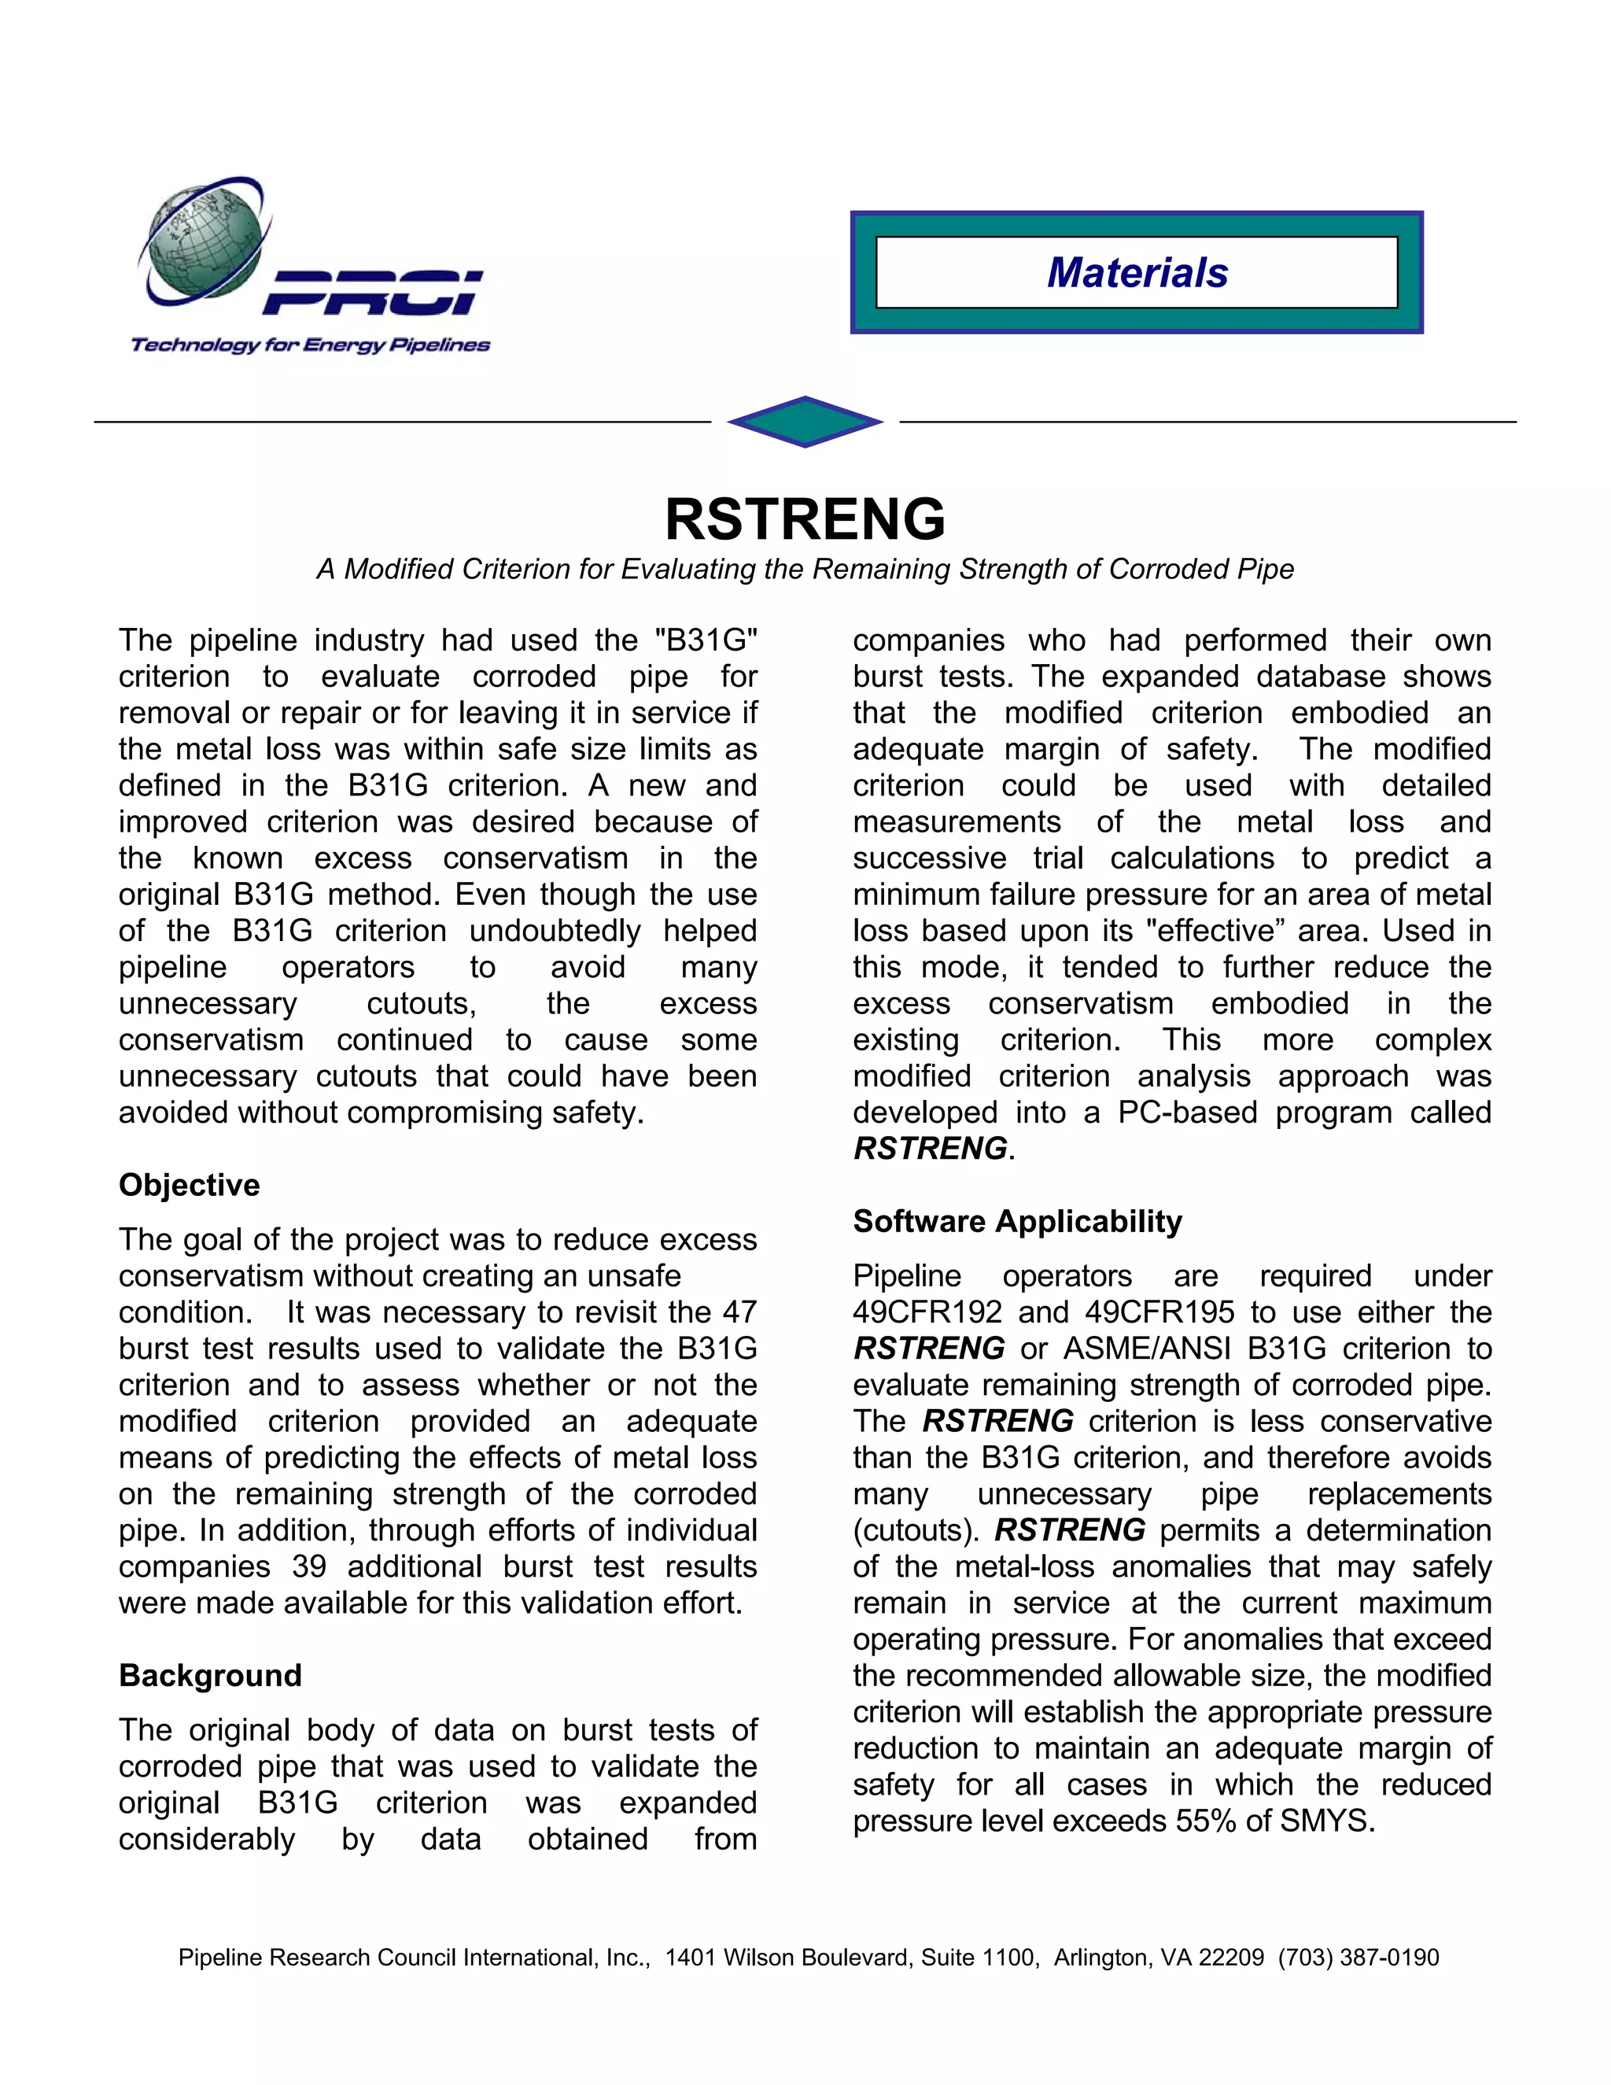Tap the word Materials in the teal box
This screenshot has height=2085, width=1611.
(1137, 273)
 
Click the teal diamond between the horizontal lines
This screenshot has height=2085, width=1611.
(805, 421)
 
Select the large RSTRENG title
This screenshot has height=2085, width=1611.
(805, 519)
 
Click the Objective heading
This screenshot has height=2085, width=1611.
(189, 1185)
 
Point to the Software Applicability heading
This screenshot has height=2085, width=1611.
(1017, 1221)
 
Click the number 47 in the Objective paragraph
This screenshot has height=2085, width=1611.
(739, 1312)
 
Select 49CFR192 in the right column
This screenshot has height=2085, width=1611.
(927, 1312)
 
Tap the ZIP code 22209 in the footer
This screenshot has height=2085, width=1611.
(1233, 1958)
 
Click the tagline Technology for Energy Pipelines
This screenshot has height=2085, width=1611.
(310, 345)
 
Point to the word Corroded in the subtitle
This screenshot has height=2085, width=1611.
(1168, 569)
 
